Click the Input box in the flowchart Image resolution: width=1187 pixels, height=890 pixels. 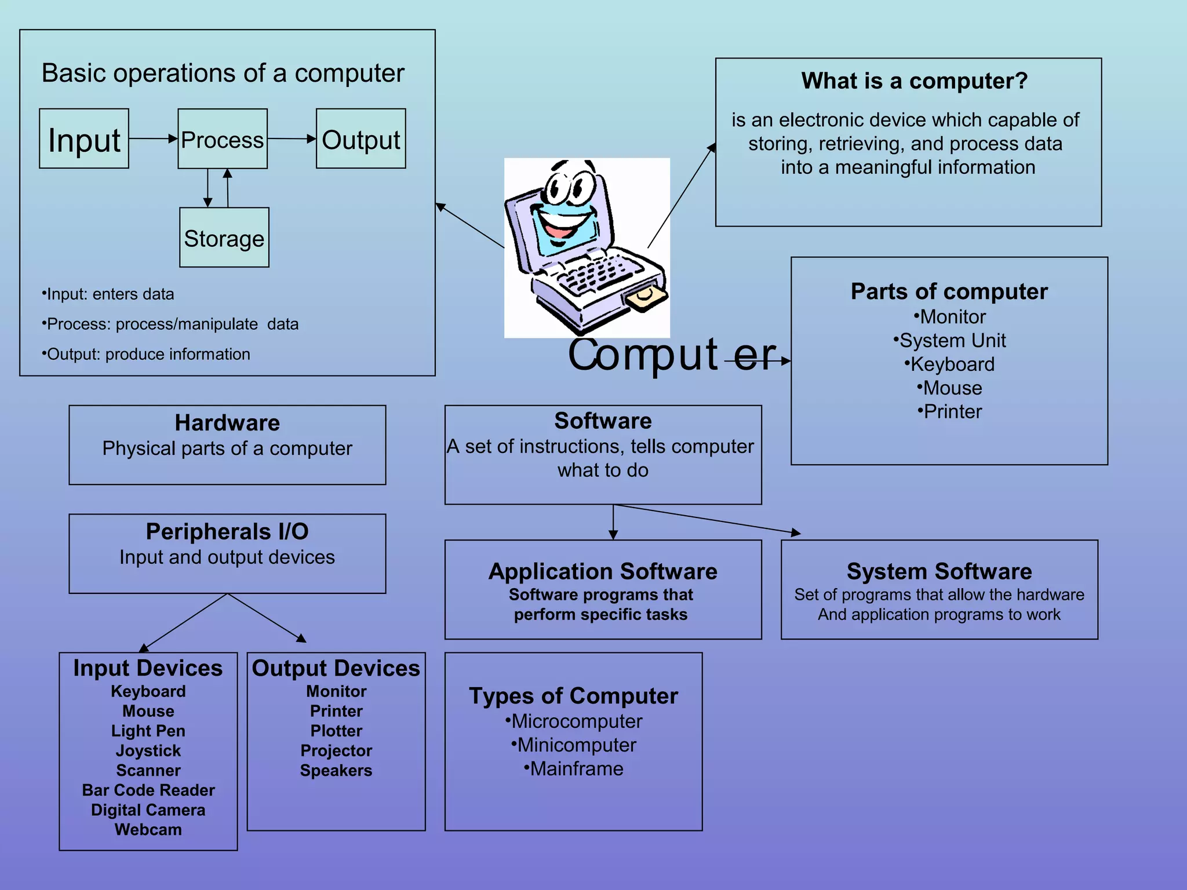[x=84, y=139]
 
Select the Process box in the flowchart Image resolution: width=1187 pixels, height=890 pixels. [x=223, y=139]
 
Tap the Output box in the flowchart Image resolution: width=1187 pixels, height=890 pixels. [x=361, y=139]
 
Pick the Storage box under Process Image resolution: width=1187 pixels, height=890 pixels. [x=224, y=238]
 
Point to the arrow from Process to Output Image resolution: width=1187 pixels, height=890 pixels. [x=292, y=138]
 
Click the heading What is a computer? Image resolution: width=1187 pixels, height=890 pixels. [x=914, y=81]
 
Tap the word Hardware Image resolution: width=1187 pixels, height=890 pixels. [x=227, y=423]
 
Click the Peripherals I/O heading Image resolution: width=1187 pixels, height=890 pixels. [x=227, y=531]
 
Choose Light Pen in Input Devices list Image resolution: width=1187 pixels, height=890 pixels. [x=148, y=731]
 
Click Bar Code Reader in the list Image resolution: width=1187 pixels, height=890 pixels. [x=148, y=790]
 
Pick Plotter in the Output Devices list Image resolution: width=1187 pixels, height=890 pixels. [x=336, y=731]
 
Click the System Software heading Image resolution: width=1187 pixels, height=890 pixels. [x=939, y=571]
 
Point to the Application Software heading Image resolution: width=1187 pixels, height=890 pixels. [x=603, y=571]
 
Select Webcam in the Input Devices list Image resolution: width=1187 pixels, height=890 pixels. [x=148, y=830]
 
